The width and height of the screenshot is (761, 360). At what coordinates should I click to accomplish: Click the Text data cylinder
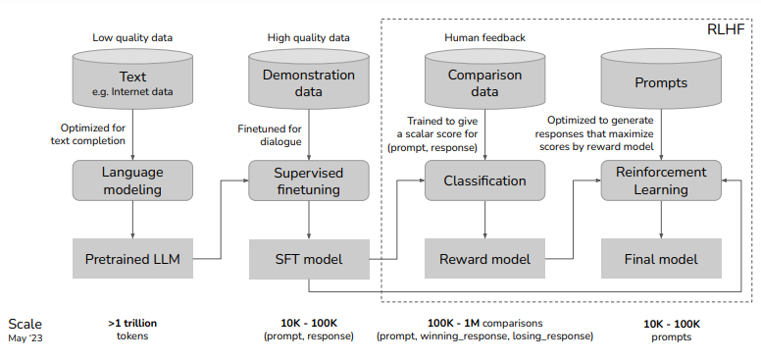click(x=132, y=84)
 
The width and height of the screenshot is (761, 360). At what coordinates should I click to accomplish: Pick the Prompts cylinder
click(x=660, y=84)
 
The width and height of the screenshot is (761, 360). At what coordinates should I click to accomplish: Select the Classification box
click(x=484, y=180)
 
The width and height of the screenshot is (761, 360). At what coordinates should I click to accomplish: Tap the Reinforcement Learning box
click(x=660, y=180)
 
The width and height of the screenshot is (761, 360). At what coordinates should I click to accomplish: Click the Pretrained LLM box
click(x=132, y=260)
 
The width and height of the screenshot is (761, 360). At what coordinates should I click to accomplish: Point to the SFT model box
click(x=309, y=260)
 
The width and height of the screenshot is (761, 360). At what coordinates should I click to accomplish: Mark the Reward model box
click(x=484, y=260)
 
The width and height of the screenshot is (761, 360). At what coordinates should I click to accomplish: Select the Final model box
click(x=660, y=260)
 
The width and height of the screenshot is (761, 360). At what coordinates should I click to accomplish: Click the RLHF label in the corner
click(x=727, y=30)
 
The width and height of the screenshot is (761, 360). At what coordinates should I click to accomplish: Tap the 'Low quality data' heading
click(x=132, y=37)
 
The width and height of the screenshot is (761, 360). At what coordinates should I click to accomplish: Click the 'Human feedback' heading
click(x=484, y=37)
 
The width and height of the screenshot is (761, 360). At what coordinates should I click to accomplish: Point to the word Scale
click(x=25, y=324)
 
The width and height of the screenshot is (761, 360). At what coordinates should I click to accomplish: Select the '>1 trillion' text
click(x=132, y=322)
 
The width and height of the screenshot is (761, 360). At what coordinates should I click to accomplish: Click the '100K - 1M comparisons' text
click(x=484, y=322)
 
